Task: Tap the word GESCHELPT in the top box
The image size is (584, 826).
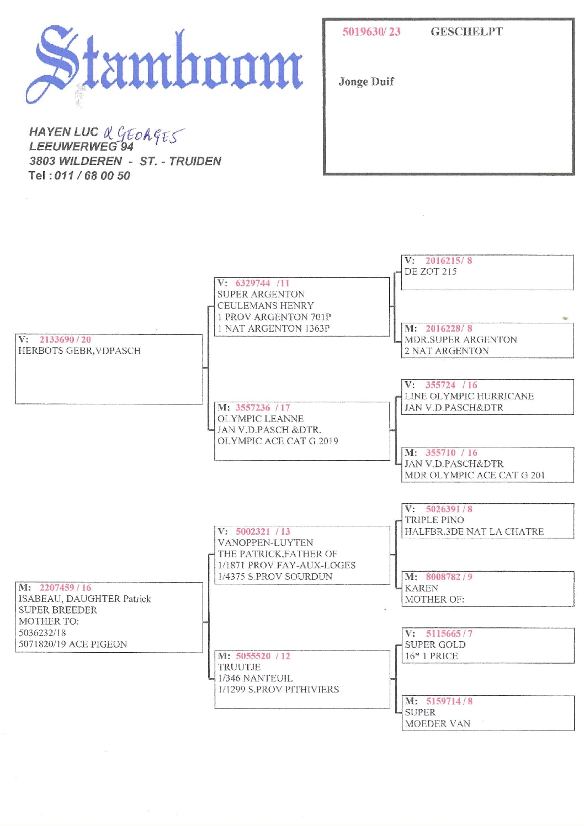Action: point(466,31)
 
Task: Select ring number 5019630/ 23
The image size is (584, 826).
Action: point(371,31)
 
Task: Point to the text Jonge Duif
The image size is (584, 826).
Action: point(366,82)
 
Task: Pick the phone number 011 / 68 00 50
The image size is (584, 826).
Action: point(92,175)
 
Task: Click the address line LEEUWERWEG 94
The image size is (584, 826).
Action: point(81,147)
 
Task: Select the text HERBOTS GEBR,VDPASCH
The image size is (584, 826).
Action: point(79,351)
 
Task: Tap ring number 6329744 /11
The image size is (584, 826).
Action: point(262,283)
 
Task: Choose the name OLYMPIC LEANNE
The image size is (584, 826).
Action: point(260,419)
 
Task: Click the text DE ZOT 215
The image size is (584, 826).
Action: point(430,271)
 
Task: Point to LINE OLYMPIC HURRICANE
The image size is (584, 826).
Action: point(469,396)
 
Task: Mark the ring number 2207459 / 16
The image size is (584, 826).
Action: point(65,588)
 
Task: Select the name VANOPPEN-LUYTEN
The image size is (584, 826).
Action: point(265,543)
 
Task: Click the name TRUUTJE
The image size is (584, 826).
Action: point(238,667)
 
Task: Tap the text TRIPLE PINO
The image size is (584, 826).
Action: point(434,520)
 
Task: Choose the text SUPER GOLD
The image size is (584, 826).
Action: point(435,644)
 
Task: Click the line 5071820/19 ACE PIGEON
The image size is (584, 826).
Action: point(72,644)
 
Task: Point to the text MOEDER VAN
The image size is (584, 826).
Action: point(437,723)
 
